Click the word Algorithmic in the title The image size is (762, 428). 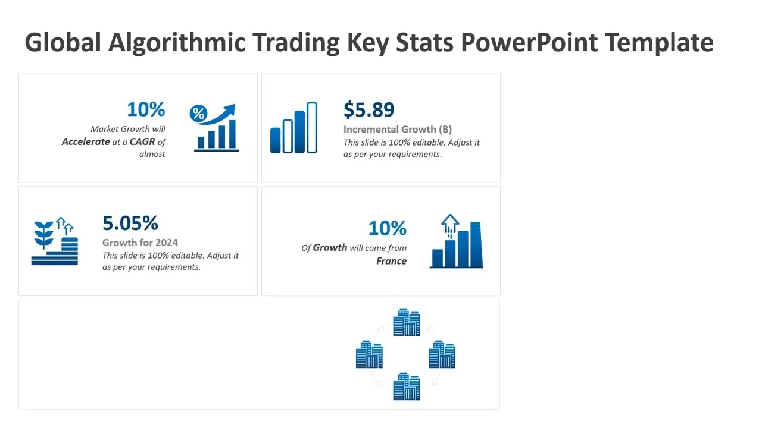(177, 43)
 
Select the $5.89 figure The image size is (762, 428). (368, 109)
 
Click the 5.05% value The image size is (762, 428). (130, 223)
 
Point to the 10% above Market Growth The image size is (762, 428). (146, 109)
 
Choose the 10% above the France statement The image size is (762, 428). (388, 228)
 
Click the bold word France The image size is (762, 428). (391, 261)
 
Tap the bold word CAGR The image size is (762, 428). (142, 141)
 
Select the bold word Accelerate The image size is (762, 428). (86, 141)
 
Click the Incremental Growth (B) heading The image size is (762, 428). (397, 130)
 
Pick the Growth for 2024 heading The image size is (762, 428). (140, 243)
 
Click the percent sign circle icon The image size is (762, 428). (198, 113)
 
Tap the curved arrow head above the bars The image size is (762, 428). (229, 109)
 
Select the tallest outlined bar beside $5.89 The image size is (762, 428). (312, 127)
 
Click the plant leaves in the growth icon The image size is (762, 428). (43, 234)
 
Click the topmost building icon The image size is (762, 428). (406, 322)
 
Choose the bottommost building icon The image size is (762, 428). (406, 386)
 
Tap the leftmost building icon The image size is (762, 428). (369, 354)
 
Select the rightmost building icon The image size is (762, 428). (442, 354)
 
